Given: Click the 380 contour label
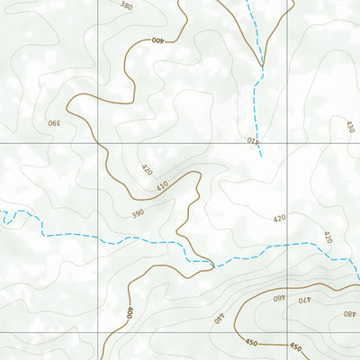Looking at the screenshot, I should (x=126, y=6).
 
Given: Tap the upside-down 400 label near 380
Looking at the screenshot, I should (x=158, y=40).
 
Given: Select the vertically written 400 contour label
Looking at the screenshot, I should (x=130, y=313).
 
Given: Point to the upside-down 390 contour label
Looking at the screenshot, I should (x=53, y=122).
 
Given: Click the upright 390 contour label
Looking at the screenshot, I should (x=138, y=213).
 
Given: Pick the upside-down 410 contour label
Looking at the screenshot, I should (x=253, y=139).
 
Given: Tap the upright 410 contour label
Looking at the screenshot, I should (x=162, y=186).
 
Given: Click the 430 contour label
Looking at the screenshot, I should (x=349, y=127).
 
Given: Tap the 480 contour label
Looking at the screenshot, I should (x=348, y=313).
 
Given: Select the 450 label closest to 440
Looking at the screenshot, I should (x=249, y=341).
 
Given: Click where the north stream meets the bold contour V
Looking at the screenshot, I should (x=262, y=67).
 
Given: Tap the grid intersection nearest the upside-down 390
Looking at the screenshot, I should (x=98, y=142).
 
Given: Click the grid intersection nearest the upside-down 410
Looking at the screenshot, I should (x=288, y=142).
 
